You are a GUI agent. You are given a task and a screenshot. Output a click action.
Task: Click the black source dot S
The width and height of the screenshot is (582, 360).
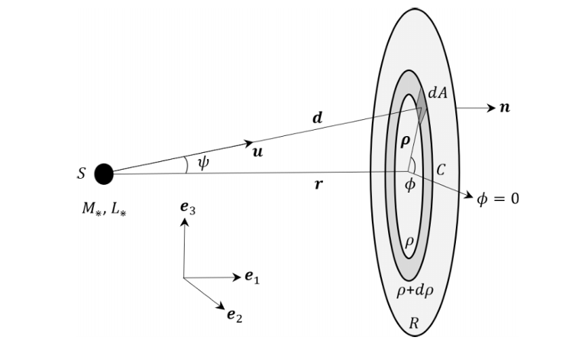pos(104,174)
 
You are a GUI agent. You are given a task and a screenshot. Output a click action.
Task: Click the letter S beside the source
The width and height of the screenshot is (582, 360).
pos(81,174)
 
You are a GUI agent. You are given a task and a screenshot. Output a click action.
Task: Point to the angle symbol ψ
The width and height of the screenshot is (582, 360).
pos(203,164)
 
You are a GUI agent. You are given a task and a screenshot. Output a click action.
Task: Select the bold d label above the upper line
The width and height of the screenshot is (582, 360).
pos(318,118)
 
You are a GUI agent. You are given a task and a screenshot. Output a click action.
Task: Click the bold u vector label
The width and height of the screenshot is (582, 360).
pos(257,152)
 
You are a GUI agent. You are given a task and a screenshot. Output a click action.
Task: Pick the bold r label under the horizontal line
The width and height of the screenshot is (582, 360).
pos(318,184)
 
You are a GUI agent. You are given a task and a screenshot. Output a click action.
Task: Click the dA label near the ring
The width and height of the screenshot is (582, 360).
pos(437,92)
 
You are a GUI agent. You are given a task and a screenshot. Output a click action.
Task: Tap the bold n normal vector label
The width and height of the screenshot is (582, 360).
pos(504,108)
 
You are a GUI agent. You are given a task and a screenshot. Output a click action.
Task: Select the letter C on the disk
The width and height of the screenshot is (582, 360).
pos(440,170)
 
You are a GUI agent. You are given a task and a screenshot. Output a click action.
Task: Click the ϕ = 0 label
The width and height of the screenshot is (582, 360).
pos(497,199)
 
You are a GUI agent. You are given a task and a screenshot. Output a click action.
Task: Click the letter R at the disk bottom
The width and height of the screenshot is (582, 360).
pos(413,323)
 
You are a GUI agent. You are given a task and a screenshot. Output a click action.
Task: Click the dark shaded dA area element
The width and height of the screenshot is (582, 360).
pos(421,112)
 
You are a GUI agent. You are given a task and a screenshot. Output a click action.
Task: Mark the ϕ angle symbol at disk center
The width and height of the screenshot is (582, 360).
pos(409,185)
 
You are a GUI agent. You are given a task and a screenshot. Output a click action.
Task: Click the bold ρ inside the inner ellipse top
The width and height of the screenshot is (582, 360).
pos(406,141)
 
